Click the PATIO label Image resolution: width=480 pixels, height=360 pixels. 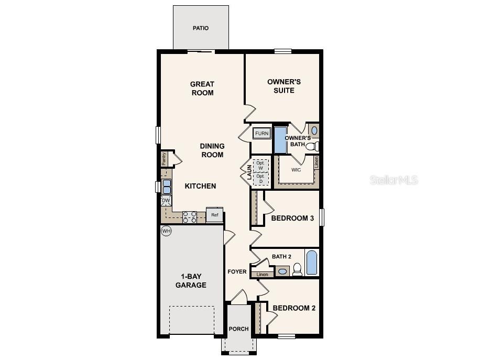[201, 28]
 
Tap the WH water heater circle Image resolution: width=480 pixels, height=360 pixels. [166, 231]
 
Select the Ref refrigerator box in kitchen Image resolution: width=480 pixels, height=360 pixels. [214, 215]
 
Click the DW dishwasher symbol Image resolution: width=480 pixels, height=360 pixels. [166, 201]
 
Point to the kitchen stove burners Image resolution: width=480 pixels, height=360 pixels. [189, 217]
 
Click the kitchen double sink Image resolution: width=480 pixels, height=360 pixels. [166, 186]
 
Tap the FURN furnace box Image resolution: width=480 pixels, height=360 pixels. [261, 133]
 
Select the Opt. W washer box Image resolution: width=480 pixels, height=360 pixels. [260, 165]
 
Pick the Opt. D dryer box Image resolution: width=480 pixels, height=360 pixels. [260, 179]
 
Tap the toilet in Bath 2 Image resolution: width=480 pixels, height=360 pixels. [297, 269]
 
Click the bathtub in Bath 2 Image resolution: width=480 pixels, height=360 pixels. [311, 263]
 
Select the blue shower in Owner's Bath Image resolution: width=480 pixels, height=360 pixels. [280, 139]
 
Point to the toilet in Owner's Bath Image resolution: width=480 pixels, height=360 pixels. [311, 146]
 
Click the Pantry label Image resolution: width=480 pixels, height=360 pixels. [164, 159]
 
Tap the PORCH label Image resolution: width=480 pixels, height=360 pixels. [238, 329]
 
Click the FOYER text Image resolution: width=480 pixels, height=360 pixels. [237, 271]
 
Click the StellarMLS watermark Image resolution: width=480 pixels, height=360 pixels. [394, 180]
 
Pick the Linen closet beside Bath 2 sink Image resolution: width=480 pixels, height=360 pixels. [263, 274]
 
